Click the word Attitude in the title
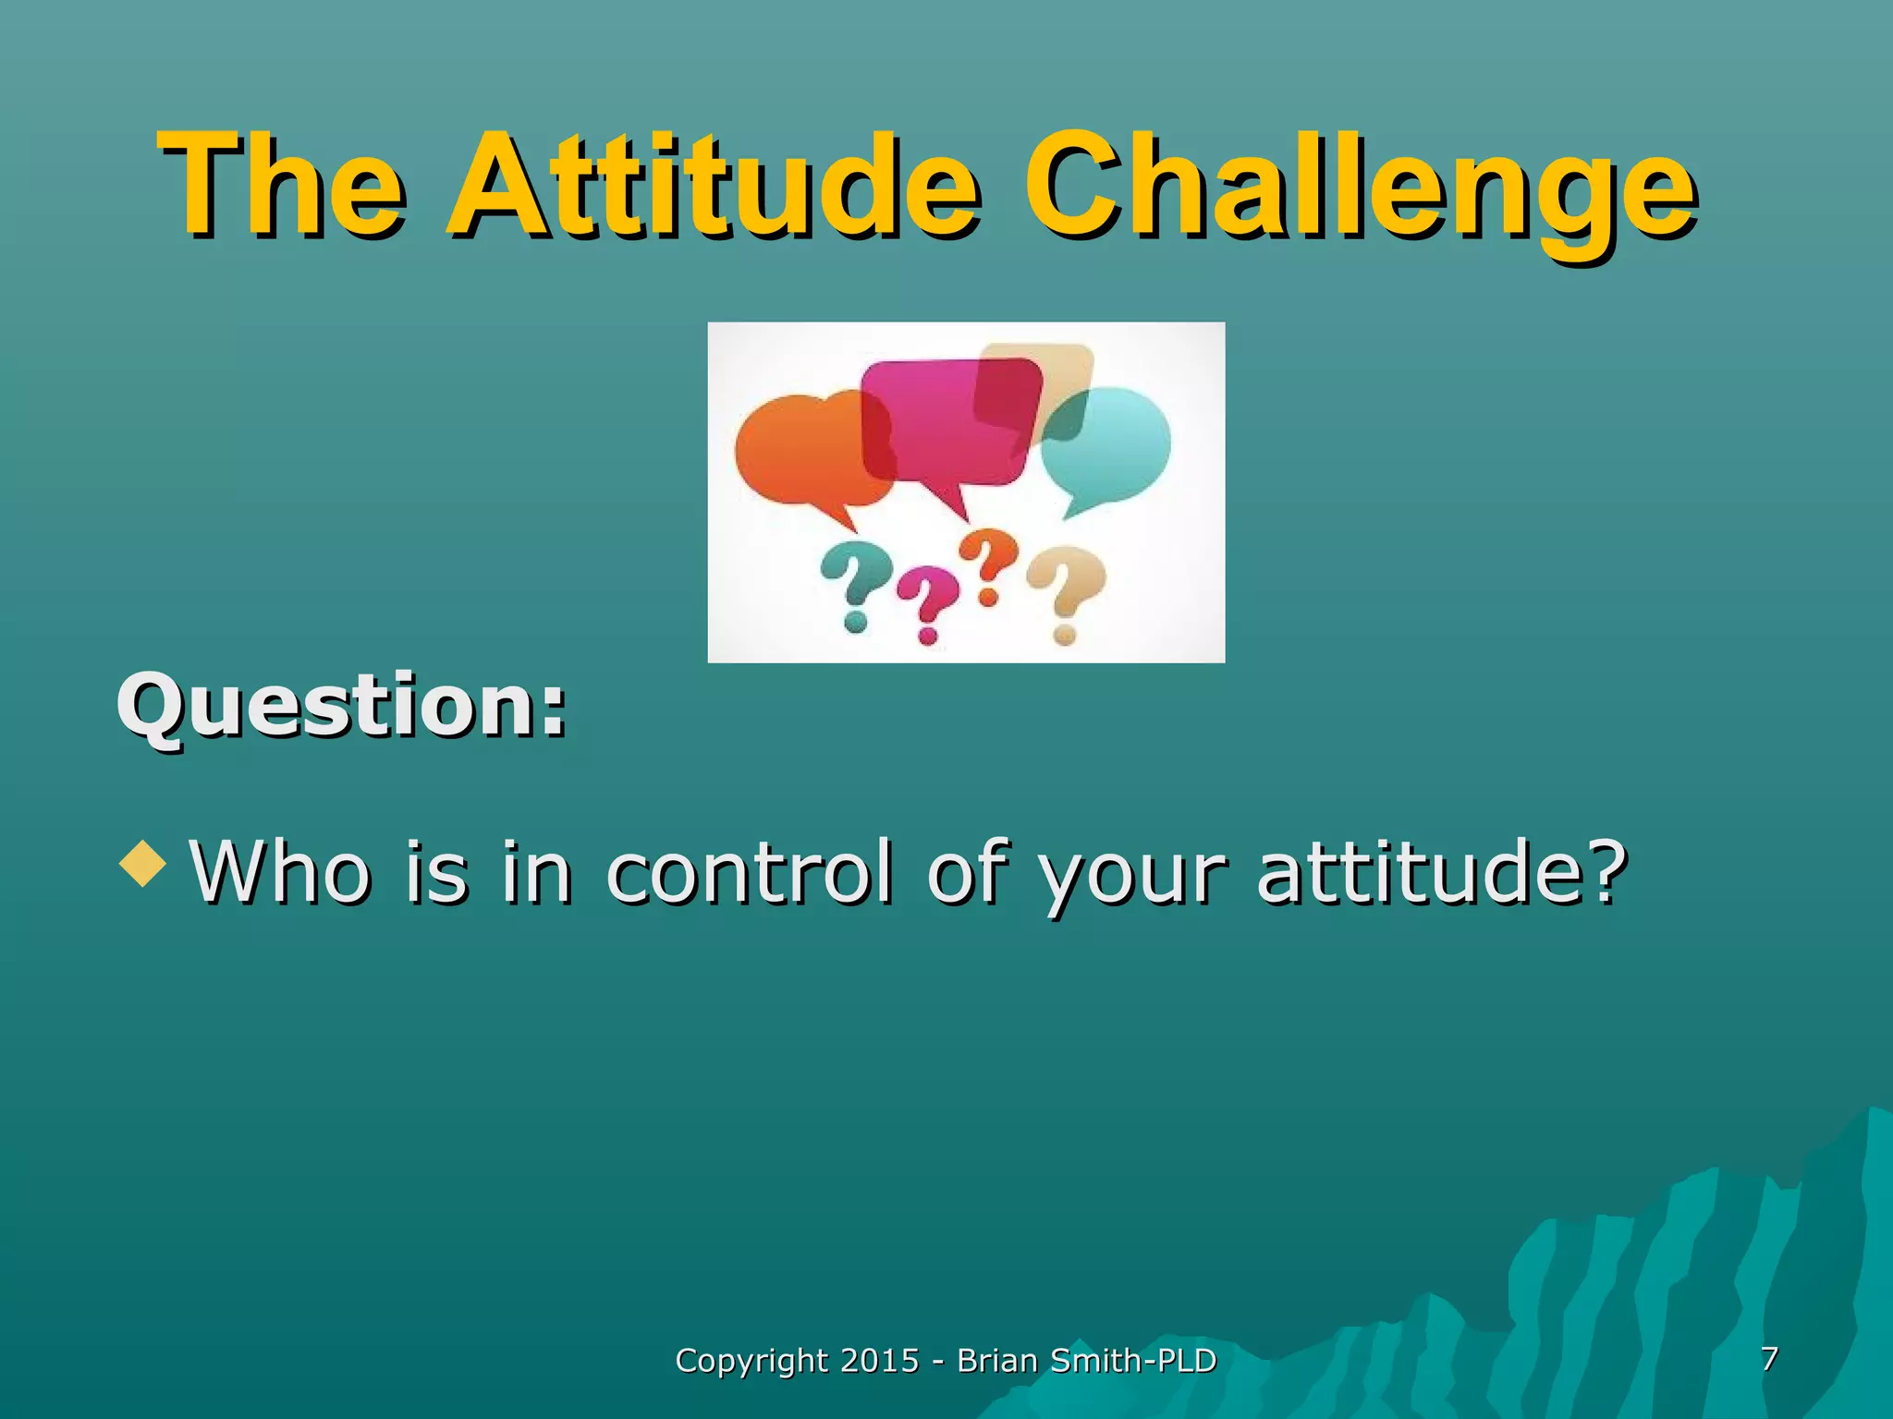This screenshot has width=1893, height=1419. click(x=712, y=185)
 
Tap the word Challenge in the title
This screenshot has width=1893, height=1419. click(x=1359, y=185)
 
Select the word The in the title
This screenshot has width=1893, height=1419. click(x=283, y=185)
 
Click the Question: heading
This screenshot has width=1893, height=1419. click(x=341, y=707)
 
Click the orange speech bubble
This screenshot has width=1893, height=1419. click(x=795, y=453)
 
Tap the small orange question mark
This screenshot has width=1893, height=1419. click(x=987, y=564)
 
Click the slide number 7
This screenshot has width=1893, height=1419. click(x=1769, y=1358)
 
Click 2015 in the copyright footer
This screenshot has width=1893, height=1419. click(x=879, y=1361)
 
